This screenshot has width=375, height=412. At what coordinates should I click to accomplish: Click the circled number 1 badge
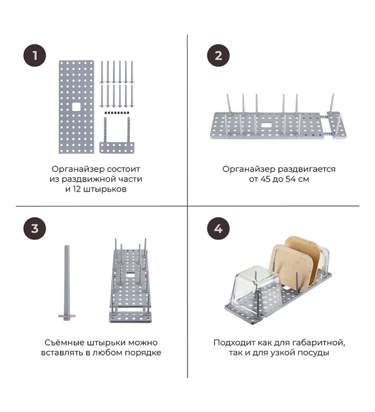coord(35,56)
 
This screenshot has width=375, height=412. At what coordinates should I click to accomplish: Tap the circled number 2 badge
coord(218,56)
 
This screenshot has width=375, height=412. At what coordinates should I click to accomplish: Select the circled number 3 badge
coord(35,228)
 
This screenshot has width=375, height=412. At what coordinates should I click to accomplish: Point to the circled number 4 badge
coord(218,228)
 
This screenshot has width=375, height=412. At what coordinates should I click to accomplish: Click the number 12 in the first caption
coord(76,189)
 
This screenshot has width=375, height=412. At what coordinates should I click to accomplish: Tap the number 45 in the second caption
coord(266,179)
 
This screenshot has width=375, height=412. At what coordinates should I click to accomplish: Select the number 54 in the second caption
coord(288,179)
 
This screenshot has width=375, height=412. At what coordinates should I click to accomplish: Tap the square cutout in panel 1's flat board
coord(76,107)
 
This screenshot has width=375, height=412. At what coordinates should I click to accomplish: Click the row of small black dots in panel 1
coord(117,113)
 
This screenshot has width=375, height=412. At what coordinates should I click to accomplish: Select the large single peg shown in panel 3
coord(67,283)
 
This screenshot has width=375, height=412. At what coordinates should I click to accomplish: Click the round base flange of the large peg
coord(67,316)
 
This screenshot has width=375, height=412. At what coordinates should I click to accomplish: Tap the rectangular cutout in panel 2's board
coord(267,125)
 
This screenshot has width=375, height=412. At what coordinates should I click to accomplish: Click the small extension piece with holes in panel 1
coord(117,148)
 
